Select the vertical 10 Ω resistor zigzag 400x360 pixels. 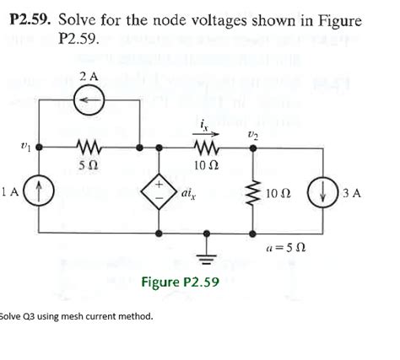coord(251,191)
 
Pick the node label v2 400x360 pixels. coord(251,134)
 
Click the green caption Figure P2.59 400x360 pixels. coord(180,280)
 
